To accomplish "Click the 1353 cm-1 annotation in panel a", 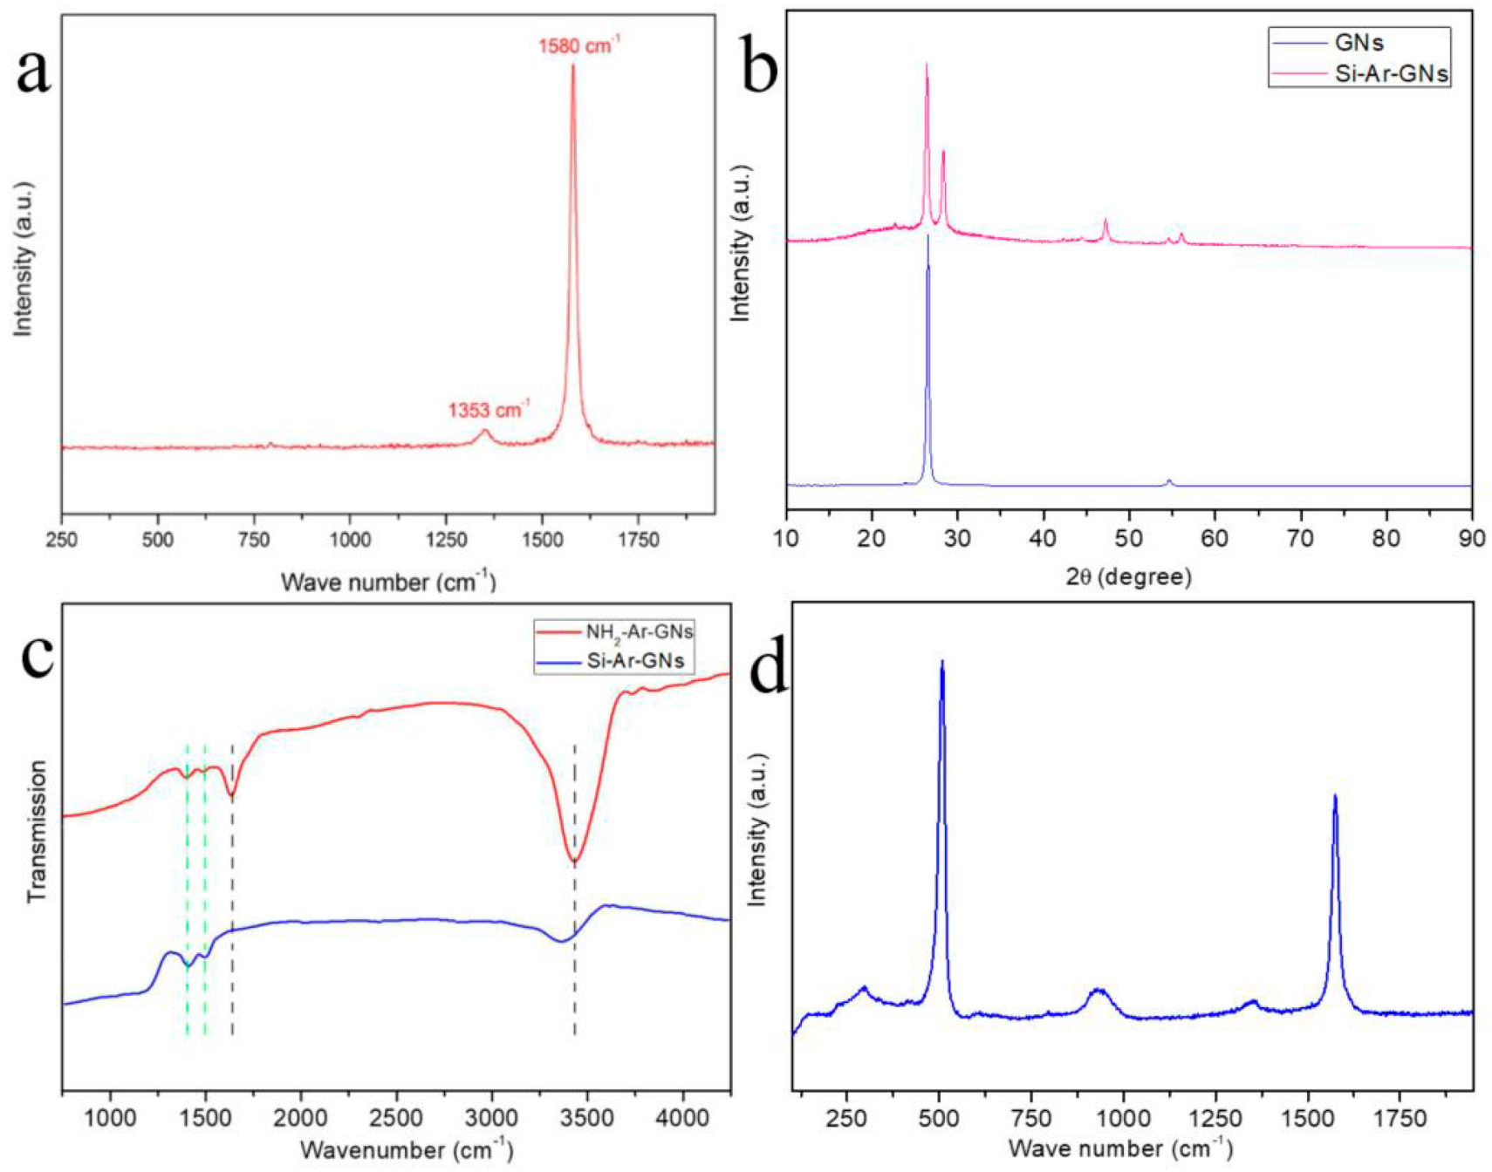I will click(489, 409).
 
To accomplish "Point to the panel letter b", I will click(759, 70).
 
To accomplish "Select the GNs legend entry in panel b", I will click(1359, 42).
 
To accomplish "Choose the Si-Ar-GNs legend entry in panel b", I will click(1391, 73).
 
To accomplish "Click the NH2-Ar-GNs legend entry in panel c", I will click(640, 631).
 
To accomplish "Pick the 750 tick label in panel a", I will click(254, 541).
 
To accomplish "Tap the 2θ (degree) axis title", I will click(1128, 576).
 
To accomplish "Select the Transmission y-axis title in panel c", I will click(37, 830).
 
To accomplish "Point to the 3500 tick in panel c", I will click(586, 1119).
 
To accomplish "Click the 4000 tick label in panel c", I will click(682, 1119).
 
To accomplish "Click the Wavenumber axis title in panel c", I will click(406, 1149).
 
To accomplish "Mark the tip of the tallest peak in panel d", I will click(941, 662).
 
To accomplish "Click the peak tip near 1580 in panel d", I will click(1335, 795).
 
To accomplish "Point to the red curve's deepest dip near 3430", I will click(574, 862).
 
